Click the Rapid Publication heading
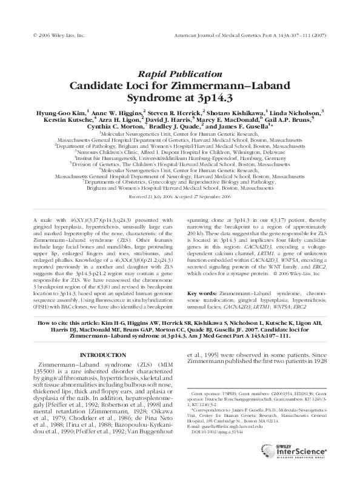pyautogui.click(x=179, y=74)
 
